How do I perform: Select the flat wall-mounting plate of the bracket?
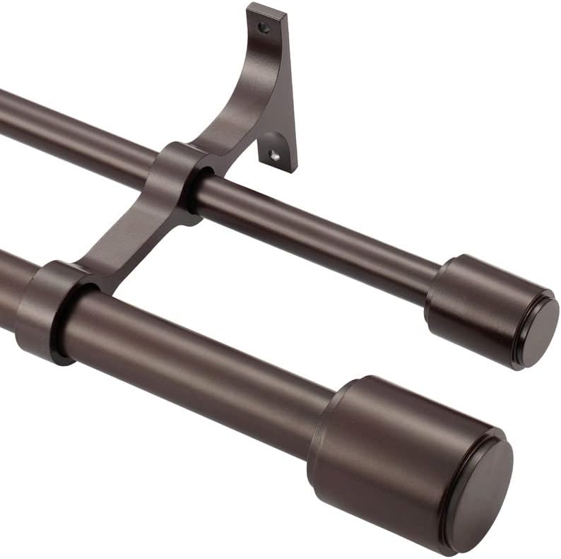point(279,92)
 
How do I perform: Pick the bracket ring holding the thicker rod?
point(46,311)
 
